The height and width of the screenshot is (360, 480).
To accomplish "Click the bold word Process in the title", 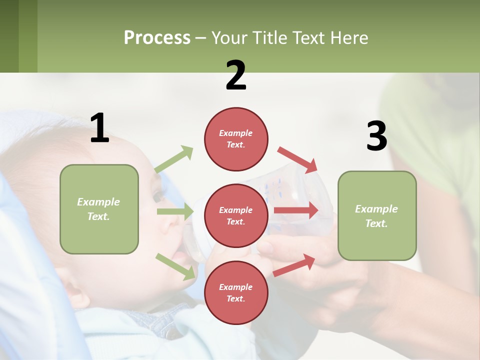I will pos(157,38).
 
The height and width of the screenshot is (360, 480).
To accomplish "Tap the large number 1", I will pos(99,128).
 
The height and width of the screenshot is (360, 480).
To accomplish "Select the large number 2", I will pos(236,75).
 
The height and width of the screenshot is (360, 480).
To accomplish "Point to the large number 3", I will pos(376,136).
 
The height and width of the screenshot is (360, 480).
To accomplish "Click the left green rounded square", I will pos(99,209).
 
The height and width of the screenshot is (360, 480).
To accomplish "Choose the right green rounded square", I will pos(377,215).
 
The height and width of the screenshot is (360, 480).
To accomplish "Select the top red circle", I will pos(236,139).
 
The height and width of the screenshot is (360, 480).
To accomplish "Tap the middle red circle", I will pos(236,215).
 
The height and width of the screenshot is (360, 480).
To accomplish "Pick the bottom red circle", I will pos(236,292).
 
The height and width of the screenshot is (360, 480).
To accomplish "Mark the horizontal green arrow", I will pos(175,211).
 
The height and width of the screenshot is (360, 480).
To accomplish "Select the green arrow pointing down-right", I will pos(175,266).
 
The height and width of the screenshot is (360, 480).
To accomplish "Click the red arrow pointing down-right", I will pos(297,159).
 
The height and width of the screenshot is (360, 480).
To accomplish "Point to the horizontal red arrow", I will pos(296,210).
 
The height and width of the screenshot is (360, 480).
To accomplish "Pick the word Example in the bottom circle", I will pos(236,287).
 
